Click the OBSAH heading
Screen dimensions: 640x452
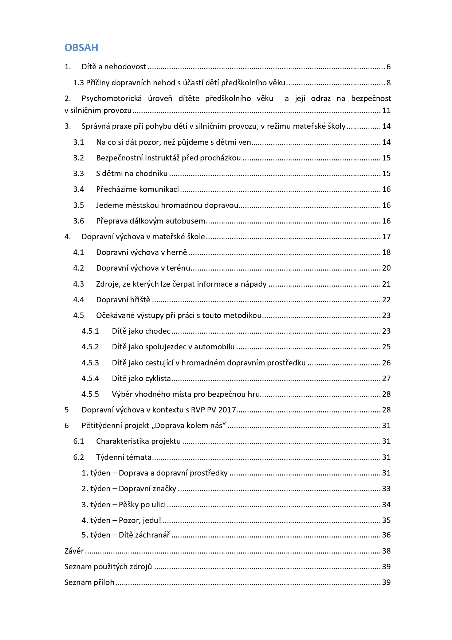tap(81, 47)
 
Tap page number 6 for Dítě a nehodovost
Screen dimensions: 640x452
tap(389, 67)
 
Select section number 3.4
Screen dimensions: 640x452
tap(78, 189)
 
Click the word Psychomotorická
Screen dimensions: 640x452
tap(111, 98)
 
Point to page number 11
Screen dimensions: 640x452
tap(386, 110)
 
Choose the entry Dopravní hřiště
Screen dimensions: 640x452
tap(123, 300)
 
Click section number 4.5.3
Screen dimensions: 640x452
tap(90, 363)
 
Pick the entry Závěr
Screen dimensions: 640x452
tap(74, 551)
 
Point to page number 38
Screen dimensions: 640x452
tap(386, 551)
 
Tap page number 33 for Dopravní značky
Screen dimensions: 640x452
tap(386, 489)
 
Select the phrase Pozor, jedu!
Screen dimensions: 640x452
tap(140, 520)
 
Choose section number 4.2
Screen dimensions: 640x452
tap(78, 268)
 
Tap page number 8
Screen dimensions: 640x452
tap(389, 83)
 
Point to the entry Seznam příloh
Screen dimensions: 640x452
tap(89, 582)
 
